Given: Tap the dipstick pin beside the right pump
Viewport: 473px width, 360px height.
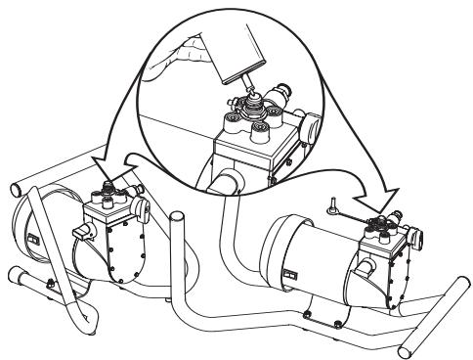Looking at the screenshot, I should click(332, 206).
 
